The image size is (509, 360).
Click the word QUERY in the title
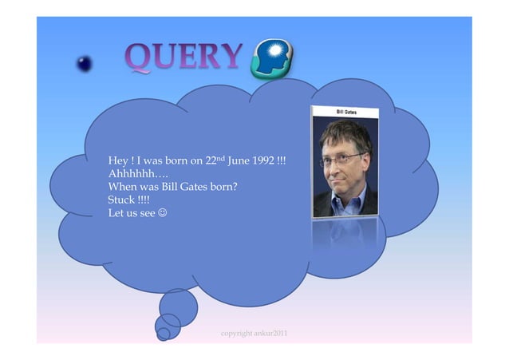tap(183, 57)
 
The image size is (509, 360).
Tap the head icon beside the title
tap(271, 61)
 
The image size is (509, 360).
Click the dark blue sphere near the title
tap(85, 64)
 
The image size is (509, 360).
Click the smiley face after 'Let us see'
tap(163, 214)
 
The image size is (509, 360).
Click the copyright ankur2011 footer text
tap(254, 331)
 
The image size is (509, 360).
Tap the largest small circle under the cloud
tap(179, 307)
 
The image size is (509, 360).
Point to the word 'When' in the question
tap(122, 188)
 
